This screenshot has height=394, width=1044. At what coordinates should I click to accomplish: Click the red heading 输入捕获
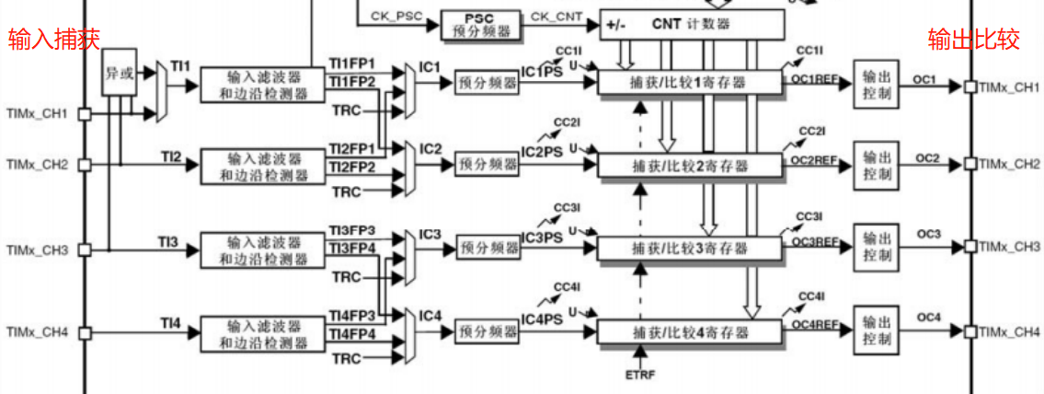click(53, 39)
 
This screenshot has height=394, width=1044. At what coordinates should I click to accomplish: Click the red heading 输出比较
click(974, 40)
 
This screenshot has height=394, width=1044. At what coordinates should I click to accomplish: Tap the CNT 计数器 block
click(694, 24)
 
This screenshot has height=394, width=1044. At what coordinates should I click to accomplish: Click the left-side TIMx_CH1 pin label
click(37, 114)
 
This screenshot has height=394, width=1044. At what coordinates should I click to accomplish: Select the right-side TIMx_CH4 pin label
click(1009, 330)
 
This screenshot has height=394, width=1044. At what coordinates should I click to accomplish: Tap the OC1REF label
click(815, 79)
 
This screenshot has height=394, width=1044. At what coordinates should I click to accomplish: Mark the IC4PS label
click(542, 319)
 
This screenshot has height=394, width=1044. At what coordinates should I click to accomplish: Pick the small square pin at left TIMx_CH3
click(85, 249)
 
